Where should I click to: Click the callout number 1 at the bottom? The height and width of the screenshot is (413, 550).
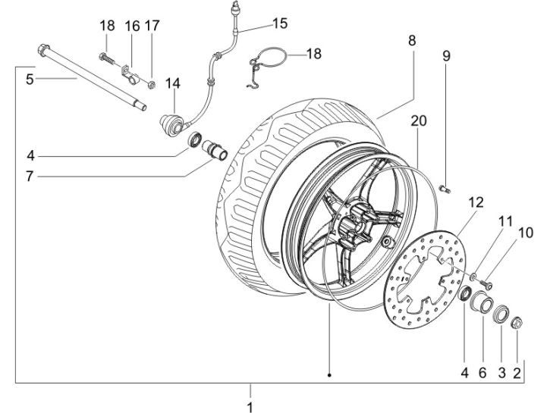250,406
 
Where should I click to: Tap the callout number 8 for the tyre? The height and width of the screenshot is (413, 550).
412,41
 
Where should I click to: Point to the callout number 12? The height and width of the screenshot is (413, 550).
475,203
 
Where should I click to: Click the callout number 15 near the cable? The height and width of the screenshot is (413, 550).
280,23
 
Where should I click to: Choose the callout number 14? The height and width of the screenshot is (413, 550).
173,82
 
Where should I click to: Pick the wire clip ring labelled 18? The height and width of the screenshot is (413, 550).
267,59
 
